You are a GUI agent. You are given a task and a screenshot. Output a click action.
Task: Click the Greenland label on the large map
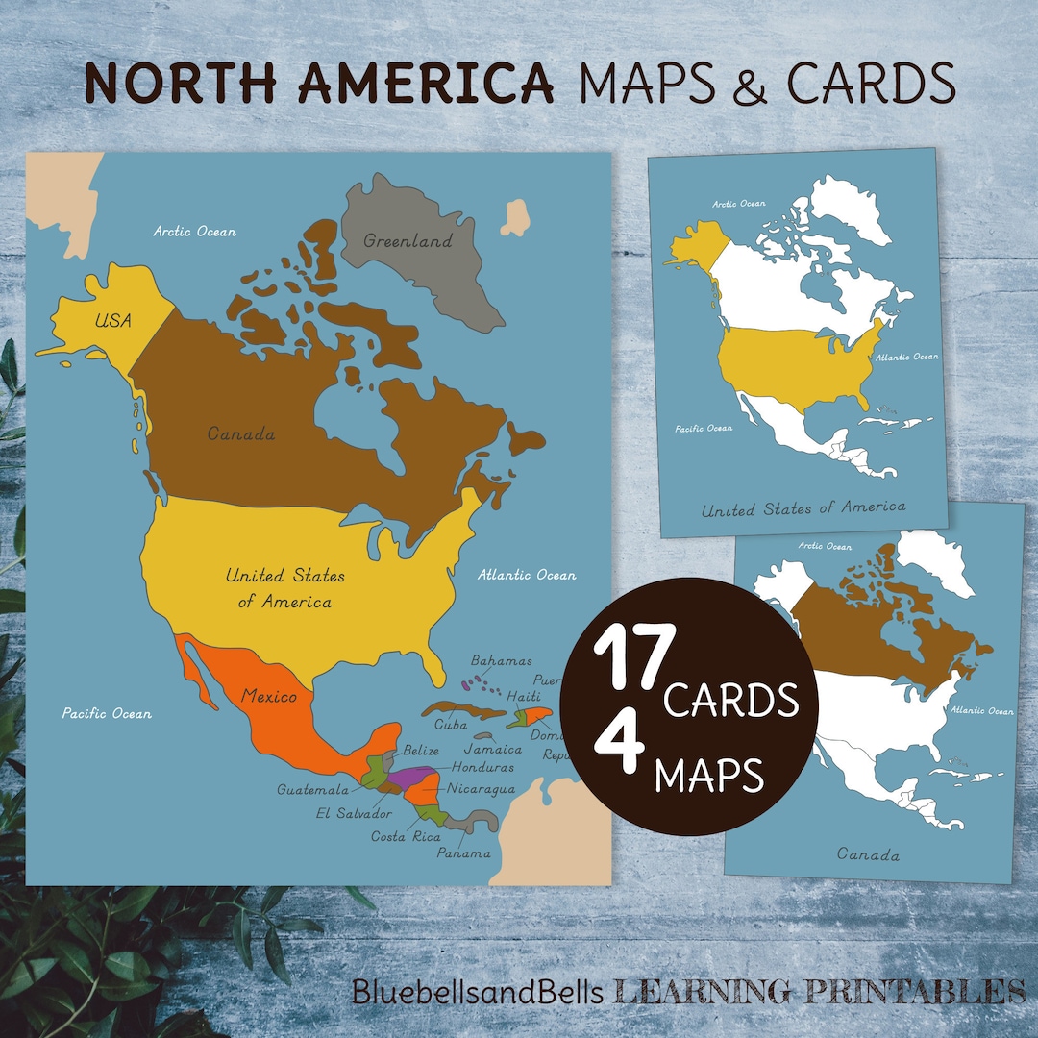coord(408,241)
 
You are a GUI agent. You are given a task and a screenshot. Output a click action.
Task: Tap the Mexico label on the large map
coord(269,696)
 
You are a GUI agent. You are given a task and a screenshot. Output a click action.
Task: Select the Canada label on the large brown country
coord(241,434)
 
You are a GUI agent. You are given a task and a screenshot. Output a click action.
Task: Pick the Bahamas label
coord(501,661)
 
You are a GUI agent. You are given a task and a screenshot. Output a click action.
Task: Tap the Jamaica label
coord(493,749)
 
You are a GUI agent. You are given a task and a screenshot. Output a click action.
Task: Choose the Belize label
coord(421,750)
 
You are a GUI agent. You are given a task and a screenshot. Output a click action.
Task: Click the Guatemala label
coord(312,790)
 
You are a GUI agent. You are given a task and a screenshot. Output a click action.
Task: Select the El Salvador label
coord(354,814)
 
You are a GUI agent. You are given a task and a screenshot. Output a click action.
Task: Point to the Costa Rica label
coord(406,836)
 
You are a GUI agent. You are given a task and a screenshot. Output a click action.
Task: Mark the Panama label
coord(463,853)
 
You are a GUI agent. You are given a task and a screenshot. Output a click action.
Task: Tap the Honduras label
coord(482,768)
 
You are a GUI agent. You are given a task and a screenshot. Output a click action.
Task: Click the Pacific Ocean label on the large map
coord(107,713)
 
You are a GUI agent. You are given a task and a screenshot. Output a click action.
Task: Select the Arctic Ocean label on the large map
coord(195,232)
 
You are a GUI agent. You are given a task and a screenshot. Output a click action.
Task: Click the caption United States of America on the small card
coord(803,507)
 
